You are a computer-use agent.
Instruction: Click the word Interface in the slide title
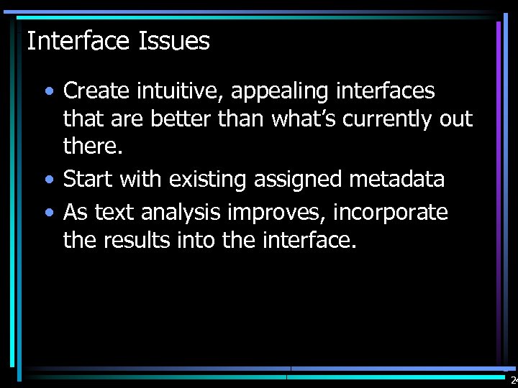(77, 41)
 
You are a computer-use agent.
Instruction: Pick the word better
(178, 119)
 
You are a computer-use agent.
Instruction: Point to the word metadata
(399, 179)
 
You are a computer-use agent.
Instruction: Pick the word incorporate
(391, 213)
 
